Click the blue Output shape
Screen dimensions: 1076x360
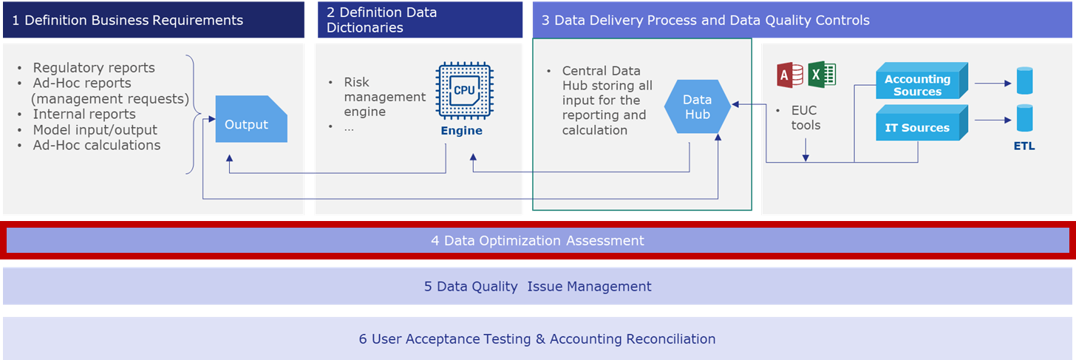251,119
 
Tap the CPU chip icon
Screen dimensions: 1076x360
465,90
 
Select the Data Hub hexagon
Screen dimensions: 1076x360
698,106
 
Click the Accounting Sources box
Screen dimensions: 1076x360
922,81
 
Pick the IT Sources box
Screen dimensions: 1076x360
922,123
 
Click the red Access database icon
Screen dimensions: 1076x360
790,75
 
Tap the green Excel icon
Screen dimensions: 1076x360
822,75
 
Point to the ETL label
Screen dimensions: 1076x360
1024,146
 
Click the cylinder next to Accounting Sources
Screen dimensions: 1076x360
1024,81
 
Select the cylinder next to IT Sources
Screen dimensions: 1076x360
1024,118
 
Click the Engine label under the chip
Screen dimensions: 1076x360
462,131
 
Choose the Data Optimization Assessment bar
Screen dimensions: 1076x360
537,240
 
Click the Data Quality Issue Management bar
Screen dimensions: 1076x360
537,286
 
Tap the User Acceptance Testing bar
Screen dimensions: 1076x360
537,339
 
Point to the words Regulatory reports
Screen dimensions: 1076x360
94,68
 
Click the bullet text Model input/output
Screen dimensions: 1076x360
95,130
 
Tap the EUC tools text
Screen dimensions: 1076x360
806,118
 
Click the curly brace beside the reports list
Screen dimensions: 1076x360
193,115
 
